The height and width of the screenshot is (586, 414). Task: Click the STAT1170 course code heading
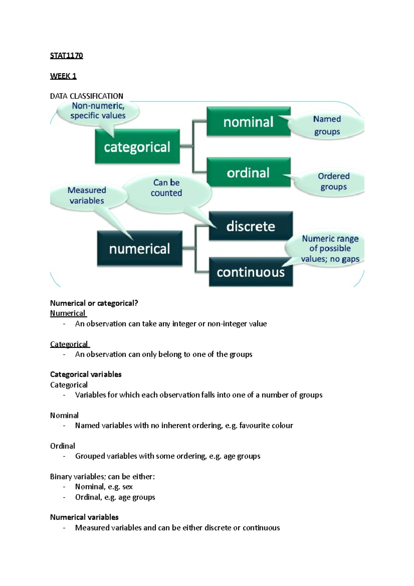(67, 56)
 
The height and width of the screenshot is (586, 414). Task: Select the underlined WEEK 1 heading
(63, 76)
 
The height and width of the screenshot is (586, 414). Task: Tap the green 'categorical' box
(137, 147)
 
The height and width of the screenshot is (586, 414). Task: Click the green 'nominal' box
(248, 122)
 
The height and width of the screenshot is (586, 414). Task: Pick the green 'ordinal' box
(248, 173)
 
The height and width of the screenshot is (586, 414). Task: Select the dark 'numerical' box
(139, 248)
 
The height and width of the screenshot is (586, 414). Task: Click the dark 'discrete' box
(251, 226)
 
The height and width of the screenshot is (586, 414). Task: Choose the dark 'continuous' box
(251, 272)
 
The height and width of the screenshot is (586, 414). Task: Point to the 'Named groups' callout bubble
(327, 125)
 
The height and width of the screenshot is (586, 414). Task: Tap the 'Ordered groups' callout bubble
(333, 182)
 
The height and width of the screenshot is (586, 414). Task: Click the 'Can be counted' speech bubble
(166, 188)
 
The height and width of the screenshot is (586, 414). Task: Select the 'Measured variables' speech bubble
(87, 195)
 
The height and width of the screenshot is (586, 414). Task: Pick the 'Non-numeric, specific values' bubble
(98, 111)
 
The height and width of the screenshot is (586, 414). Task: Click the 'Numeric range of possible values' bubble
(330, 248)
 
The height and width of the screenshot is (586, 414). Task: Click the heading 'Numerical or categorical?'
(94, 303)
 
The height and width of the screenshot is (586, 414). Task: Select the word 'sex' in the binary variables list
(127, 487)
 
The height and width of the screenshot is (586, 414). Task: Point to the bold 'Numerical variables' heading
(84, 517)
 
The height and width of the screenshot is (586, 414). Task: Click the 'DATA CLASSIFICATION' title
(87, 96)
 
